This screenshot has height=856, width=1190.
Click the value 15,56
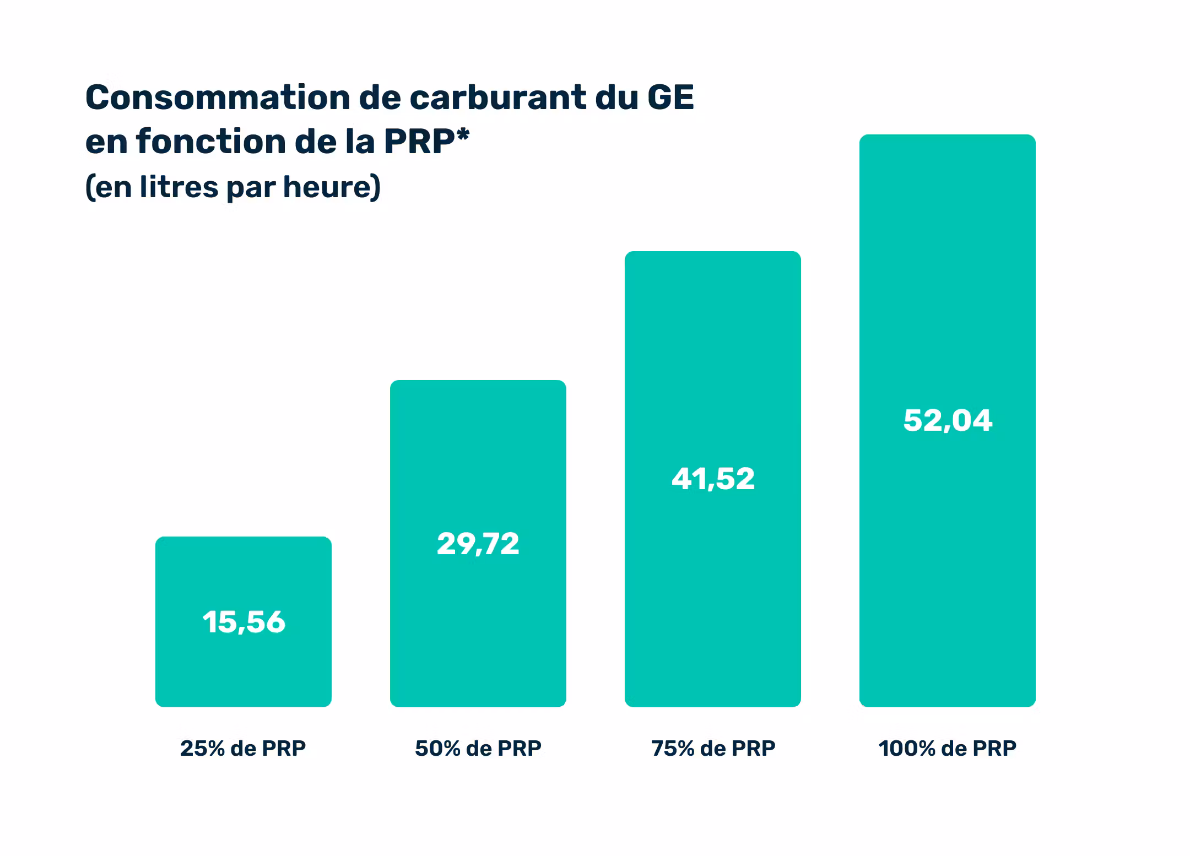pyautogui.click(x=244, y=622)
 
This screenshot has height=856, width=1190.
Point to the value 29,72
pyautogui.click(x=478, y=544)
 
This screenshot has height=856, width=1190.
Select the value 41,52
pyautogui.click(x=713, y=479)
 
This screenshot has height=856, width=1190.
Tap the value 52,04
pyautogui.click(x=948, y=420)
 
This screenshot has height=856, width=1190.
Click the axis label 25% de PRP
pyautogui.click(x=243, y=749)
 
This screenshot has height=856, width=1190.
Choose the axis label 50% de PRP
pyautogui.click(x=478, y=749)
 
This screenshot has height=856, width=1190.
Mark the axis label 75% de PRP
pyautogui.click(x=713, y=749)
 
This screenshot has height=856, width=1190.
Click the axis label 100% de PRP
pyautogui.click(x=947, y=749)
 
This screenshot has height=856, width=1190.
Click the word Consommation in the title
pyautogui.click(x=218, y=98)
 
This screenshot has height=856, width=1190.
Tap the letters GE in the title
pyautogui.click(x=670, y=98)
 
